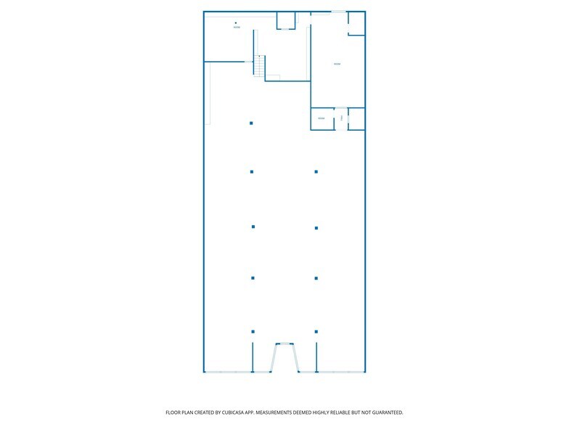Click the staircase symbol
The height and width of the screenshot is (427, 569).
pyautogui.click(x=260, y=66)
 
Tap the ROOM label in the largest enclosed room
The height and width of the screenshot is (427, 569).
pyautogui.click(x=337, y=65)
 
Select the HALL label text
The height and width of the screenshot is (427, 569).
pyautogui.click(x=340, y=118)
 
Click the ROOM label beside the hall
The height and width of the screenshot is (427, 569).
pyautogui.click(x=321, y=118)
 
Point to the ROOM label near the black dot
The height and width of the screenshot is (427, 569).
pyautogui.click(x=237, y=28)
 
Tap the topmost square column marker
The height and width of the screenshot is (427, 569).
pyautogui.click(x=251, y=123)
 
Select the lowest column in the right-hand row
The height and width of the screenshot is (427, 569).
pyautogui.click(x=316, y=331)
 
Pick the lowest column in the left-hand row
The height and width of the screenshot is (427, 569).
pyautogui.click(x=253, y=331)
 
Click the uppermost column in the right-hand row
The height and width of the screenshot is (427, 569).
pyautogui.click(x=316, y=172)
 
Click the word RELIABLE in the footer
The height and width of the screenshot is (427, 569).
pyautogui.click(x=347, y=412)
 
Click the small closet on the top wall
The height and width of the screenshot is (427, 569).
pyautogui.click(x=286, y=20)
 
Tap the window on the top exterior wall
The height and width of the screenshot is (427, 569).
pyautogui.click(x=338, y=12)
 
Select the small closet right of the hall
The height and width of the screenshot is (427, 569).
pyautogui.click(x=356, y=118)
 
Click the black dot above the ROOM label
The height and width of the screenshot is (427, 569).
pyautogui.click(x=236, y=23)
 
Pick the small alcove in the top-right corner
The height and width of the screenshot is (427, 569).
pyautogui.click(x=356, y=23)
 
